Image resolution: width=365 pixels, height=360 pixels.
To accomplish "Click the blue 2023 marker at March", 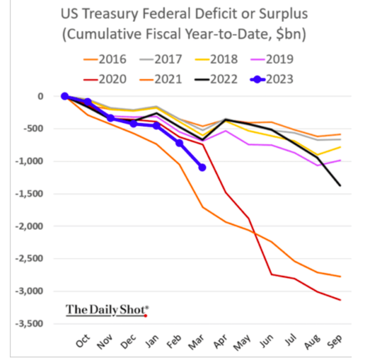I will tap(202, 167).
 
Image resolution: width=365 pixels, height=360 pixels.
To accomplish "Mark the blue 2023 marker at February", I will tap(179, 143).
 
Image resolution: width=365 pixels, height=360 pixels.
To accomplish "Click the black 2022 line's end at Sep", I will tap(340, 185).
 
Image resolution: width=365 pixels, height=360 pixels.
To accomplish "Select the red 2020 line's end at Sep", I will tap(340, 300).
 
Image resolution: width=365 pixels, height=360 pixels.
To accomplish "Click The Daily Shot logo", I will tap(107, 310).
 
